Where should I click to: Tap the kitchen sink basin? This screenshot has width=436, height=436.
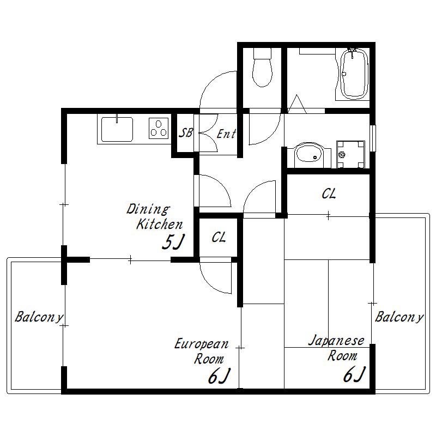[117, 129]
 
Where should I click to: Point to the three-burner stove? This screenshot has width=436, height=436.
[159, 129]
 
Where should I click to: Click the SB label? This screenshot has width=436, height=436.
[185, 133]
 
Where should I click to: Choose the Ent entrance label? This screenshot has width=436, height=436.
[226, 134]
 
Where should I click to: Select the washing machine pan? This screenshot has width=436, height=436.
[350, 154]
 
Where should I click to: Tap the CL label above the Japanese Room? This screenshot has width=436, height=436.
[329, 194]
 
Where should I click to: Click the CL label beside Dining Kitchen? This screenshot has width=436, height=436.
[219, 238]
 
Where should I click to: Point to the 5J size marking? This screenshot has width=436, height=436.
[173, 242]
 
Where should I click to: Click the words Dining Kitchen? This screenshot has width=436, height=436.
[155, 217]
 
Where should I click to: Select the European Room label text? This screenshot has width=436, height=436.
[202, 351]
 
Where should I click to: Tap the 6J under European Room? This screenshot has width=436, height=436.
[220, 376]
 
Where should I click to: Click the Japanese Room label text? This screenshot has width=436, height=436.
[336, 348]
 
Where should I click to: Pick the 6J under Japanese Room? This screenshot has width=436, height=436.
[354, 374]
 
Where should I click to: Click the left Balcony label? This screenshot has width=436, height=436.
[39, 317]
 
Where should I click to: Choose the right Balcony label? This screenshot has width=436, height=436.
[399, 317]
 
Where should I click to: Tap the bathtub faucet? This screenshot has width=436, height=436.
[353, 52]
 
